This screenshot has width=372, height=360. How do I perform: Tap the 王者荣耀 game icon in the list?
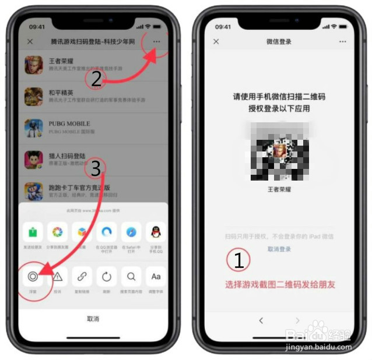click(34, 65)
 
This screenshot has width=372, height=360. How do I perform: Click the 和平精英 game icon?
click(34, 96)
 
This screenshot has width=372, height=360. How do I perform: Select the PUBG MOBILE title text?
click(69, 123)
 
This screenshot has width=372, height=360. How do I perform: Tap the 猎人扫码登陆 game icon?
click(34, 160)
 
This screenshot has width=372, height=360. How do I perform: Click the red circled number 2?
click(96, 79)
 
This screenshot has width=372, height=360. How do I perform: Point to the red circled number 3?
click(96, 168)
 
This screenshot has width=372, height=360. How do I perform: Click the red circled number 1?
click(238, 260)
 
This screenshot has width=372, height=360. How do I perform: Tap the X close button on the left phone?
click(30, 42)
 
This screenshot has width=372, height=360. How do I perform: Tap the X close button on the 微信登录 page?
click(216, 42)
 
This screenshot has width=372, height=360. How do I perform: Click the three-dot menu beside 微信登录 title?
click(342, 42)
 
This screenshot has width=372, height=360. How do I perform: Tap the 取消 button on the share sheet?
click(93, 319)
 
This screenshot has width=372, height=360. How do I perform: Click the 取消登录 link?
click(279, 249)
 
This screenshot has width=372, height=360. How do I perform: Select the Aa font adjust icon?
click(156, 277)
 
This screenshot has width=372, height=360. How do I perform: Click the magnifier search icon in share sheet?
click(131, 277)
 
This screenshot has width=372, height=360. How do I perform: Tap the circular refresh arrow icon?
click(107, 277)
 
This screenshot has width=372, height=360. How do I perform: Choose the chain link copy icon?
click(82, 277)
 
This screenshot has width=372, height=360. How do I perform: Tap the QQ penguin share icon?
click(156, 232)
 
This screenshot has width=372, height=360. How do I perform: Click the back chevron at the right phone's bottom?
click(261, 320)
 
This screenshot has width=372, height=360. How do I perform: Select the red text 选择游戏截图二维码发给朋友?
click(280, 285)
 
